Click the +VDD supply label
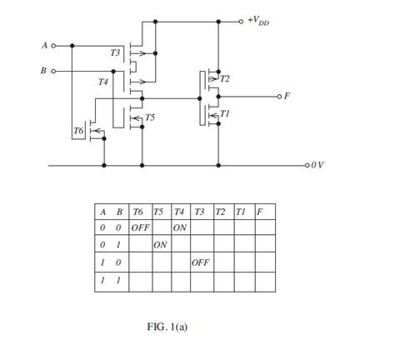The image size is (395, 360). point(258,20)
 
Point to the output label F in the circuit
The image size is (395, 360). point(287,96)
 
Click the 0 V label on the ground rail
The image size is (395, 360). point(316,165)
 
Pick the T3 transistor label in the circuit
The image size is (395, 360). point(115,52)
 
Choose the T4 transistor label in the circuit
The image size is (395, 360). point(102,82)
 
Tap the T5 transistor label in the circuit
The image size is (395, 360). point(150,117)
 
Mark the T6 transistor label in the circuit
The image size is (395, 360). point(78,131)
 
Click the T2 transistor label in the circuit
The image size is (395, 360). point(224,78)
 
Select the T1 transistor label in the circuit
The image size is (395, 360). point(224,112)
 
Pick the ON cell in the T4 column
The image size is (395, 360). point(180,227)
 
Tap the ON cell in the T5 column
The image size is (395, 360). point(161,245)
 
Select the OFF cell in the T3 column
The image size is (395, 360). point(201,262)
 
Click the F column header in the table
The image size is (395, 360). point(260,212)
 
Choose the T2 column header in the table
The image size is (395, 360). point(221,212)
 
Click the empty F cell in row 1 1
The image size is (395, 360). point(264,281)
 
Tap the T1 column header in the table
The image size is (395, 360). point(242,212)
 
